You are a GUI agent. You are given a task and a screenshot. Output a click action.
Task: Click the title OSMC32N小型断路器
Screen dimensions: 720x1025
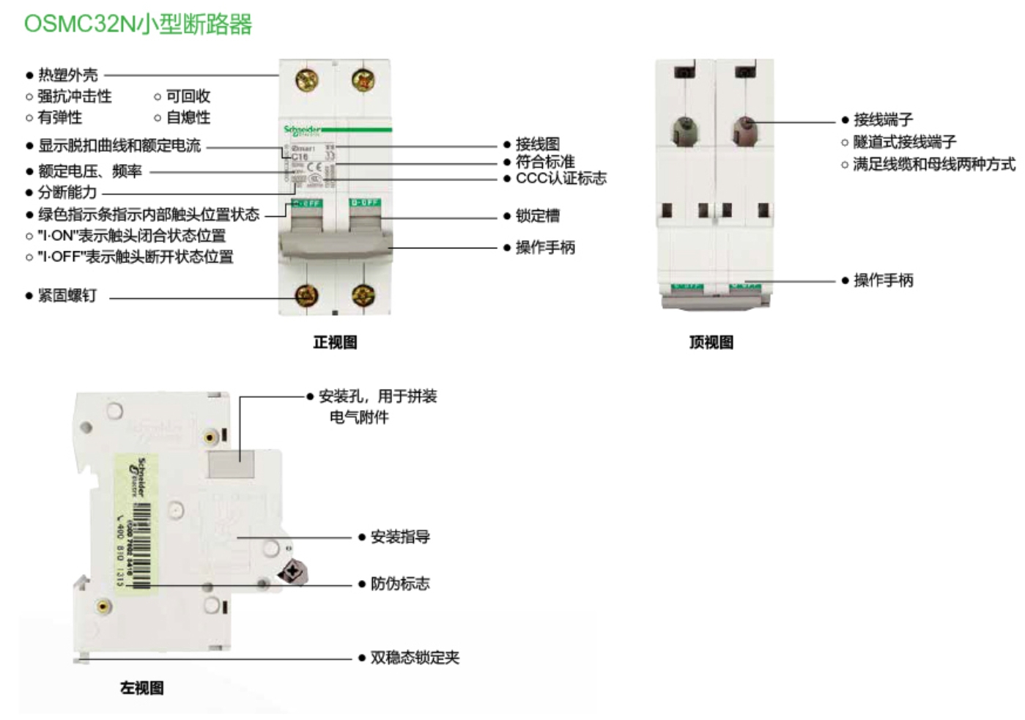[138, 24]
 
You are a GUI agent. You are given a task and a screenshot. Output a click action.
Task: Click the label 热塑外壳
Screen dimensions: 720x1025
[67, 75]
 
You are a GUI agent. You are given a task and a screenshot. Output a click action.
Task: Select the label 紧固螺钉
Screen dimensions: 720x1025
[67, 296]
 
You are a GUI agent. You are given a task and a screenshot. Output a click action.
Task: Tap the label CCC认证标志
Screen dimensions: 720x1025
[560, 178]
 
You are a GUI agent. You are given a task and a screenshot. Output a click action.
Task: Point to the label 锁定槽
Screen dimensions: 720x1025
[537, 216]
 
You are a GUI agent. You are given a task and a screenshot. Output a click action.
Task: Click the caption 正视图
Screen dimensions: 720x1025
[335, 342]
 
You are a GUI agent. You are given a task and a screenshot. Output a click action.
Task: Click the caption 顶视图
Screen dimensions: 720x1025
[711, 342]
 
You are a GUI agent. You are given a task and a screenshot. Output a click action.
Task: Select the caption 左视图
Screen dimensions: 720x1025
[141, 688]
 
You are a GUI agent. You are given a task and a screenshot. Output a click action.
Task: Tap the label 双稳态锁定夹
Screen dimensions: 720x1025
[414, 658]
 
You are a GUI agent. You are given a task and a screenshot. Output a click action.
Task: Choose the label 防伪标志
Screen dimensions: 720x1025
[399, 584]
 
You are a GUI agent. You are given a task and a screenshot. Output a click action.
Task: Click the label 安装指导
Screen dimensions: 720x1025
[399, 537]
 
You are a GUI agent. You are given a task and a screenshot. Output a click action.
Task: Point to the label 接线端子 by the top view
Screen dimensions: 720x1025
[883, 119]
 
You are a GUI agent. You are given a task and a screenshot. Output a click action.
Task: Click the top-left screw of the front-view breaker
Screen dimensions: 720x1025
[306, 80]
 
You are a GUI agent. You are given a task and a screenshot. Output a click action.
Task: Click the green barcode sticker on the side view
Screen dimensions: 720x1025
[136, 522]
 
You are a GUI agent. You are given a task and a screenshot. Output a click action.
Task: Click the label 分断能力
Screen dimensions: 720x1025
[67, 193]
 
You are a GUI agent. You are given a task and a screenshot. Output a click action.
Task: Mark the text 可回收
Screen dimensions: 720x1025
[188, 96]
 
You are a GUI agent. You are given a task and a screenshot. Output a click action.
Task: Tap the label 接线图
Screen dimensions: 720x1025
[537, 144]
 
